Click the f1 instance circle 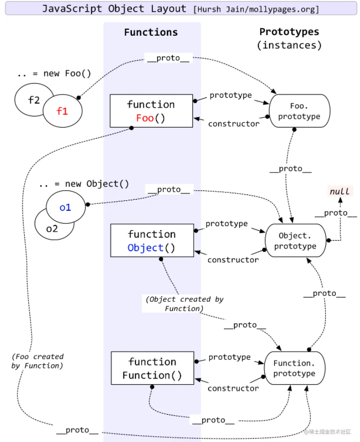[63, 111]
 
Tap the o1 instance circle [65, 207]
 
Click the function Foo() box [151, 111]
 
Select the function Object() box [152, 240]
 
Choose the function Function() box [152, 368]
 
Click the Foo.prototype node [299, 111]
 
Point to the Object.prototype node [295, 240]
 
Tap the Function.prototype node [294, 368]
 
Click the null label [340, 191]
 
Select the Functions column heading [151, 32]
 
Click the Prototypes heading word [289, 32]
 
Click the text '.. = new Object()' [84, 184]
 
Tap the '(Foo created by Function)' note [37, 361]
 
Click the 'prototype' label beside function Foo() [230, 95]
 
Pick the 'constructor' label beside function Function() [233, 388]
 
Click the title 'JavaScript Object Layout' [114, 8]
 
